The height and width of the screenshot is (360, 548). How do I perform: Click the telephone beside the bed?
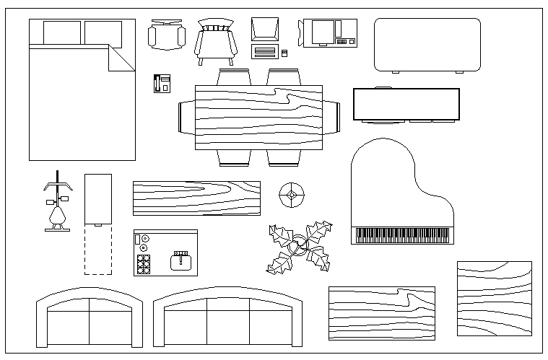click(x=161, y=83)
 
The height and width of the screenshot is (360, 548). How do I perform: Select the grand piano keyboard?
click(x=403, y=235)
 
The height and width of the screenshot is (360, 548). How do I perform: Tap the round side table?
click(x=292, y=193)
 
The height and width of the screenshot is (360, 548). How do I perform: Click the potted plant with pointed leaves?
click(x=300, y=248)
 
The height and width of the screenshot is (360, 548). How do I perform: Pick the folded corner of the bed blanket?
click(x=121, y=58)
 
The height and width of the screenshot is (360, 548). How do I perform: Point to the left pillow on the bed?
click(x=62, y=32)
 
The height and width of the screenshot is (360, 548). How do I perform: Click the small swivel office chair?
click(x=166, y=36)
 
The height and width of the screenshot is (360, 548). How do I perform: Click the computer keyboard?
click(x=265, y=52)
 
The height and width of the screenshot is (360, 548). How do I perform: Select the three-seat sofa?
click(x=228, y=319)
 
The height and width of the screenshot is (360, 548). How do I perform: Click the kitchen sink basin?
click(x=181, y=260)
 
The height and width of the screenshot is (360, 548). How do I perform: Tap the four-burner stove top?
click(x=143, y=264)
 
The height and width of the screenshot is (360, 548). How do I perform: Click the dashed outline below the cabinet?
click(x=98, y=249)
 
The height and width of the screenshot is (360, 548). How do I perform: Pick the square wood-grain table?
click(x=494, y=299)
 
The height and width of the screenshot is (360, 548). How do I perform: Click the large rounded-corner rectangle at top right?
click(x=427, y=45)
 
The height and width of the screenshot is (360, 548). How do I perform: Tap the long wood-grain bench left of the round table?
click(x=196, y=198)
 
